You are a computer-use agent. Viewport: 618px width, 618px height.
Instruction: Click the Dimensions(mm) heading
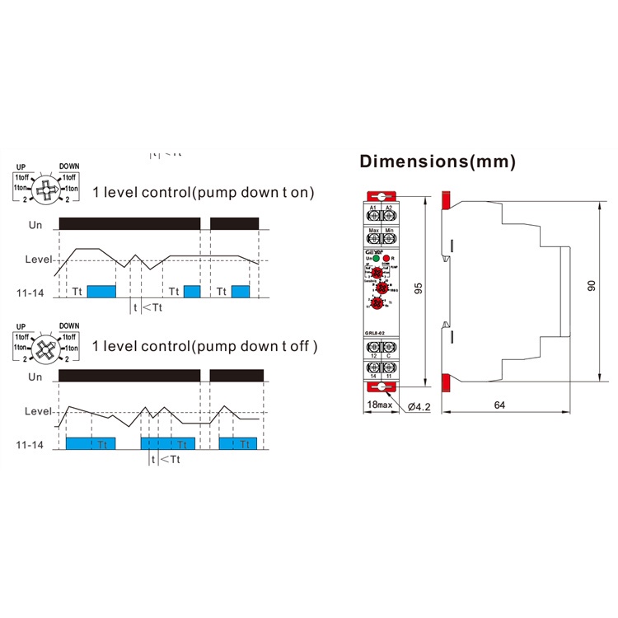pyautogui.click(x=438, y=162)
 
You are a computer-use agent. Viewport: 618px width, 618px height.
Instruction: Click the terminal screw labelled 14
pyautogui.click(x=372, y=368)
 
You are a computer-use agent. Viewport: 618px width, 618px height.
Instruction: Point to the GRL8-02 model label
pyautogui.click(x=375, y=333)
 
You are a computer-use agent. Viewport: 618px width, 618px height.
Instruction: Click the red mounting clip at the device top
pyautogui.click(x=379, y=195)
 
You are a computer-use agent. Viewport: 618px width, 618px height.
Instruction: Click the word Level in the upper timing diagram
pyautogui.click(x=38, y=260)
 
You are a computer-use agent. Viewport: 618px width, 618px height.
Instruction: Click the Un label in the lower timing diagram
pyautogui.click(x=35, y=377)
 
